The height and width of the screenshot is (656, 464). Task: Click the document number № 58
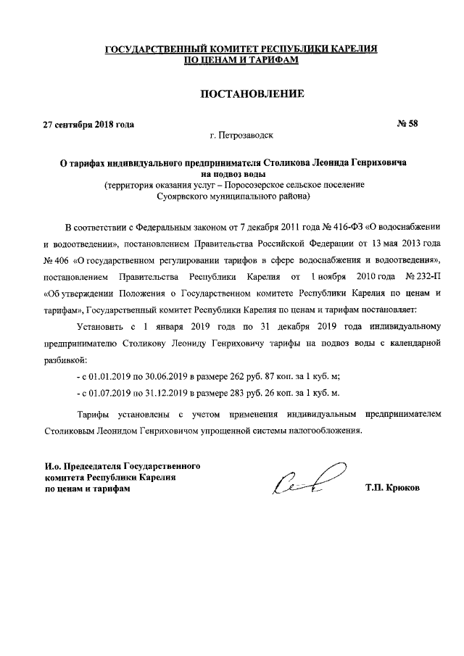point(408,123)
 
